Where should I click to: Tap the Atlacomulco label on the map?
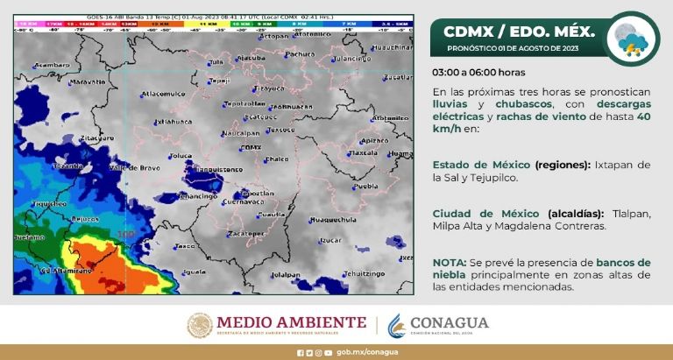click(164, 92)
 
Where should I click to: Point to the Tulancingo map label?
click(354, 59)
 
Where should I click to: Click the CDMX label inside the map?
click(251, 147)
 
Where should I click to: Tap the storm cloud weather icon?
click(633, 38)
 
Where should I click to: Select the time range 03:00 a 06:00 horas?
click(478, 72)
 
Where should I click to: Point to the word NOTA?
click(448, 262)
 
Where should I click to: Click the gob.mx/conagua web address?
click(361, 353)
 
